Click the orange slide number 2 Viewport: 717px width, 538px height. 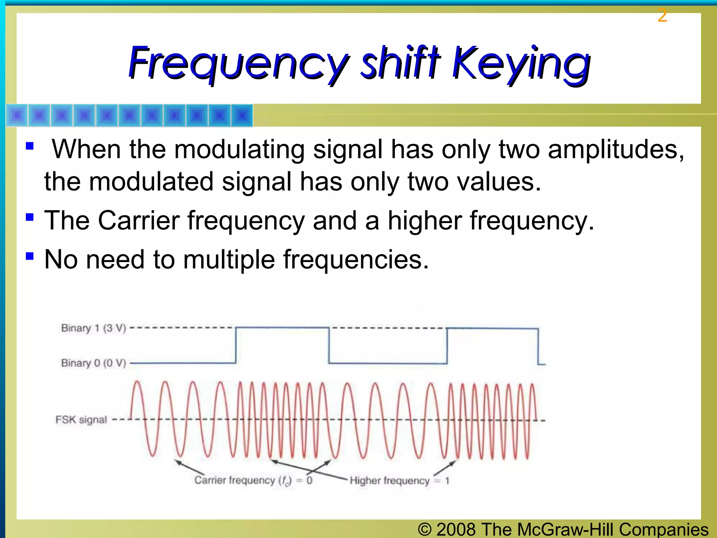point(662,16)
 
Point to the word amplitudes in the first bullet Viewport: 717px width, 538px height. point(615,150)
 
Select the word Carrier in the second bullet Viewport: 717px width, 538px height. point(139,221)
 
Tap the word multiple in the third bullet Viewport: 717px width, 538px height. point(229,260)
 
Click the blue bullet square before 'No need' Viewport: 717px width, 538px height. point(30,256)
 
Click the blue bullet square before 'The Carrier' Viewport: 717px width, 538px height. point(30,217)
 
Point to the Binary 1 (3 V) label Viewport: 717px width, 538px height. point(93,328)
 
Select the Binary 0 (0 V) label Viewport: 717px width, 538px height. point(93,363)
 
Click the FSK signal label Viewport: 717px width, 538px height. point(81,420)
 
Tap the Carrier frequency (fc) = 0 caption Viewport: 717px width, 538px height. point(253,480)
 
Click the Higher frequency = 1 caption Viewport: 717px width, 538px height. point(399,481)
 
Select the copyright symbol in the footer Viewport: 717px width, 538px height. point(425,529)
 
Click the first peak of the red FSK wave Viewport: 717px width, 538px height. point(137,382)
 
